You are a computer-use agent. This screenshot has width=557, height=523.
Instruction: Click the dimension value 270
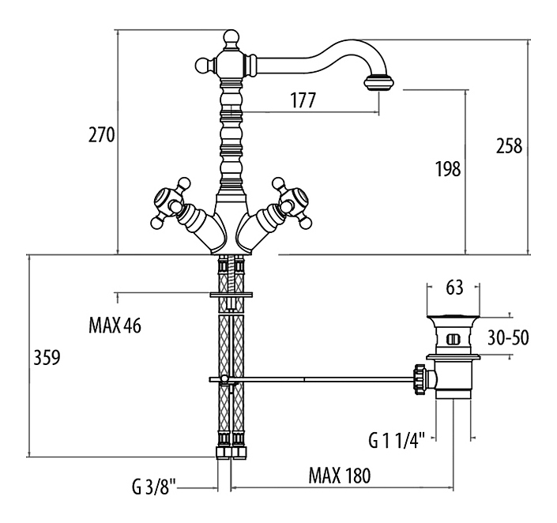103,135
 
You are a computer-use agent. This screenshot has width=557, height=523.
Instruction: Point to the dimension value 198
448,168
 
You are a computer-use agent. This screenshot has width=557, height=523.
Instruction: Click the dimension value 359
46,357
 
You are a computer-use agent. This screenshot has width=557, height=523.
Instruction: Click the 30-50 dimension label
508,338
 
